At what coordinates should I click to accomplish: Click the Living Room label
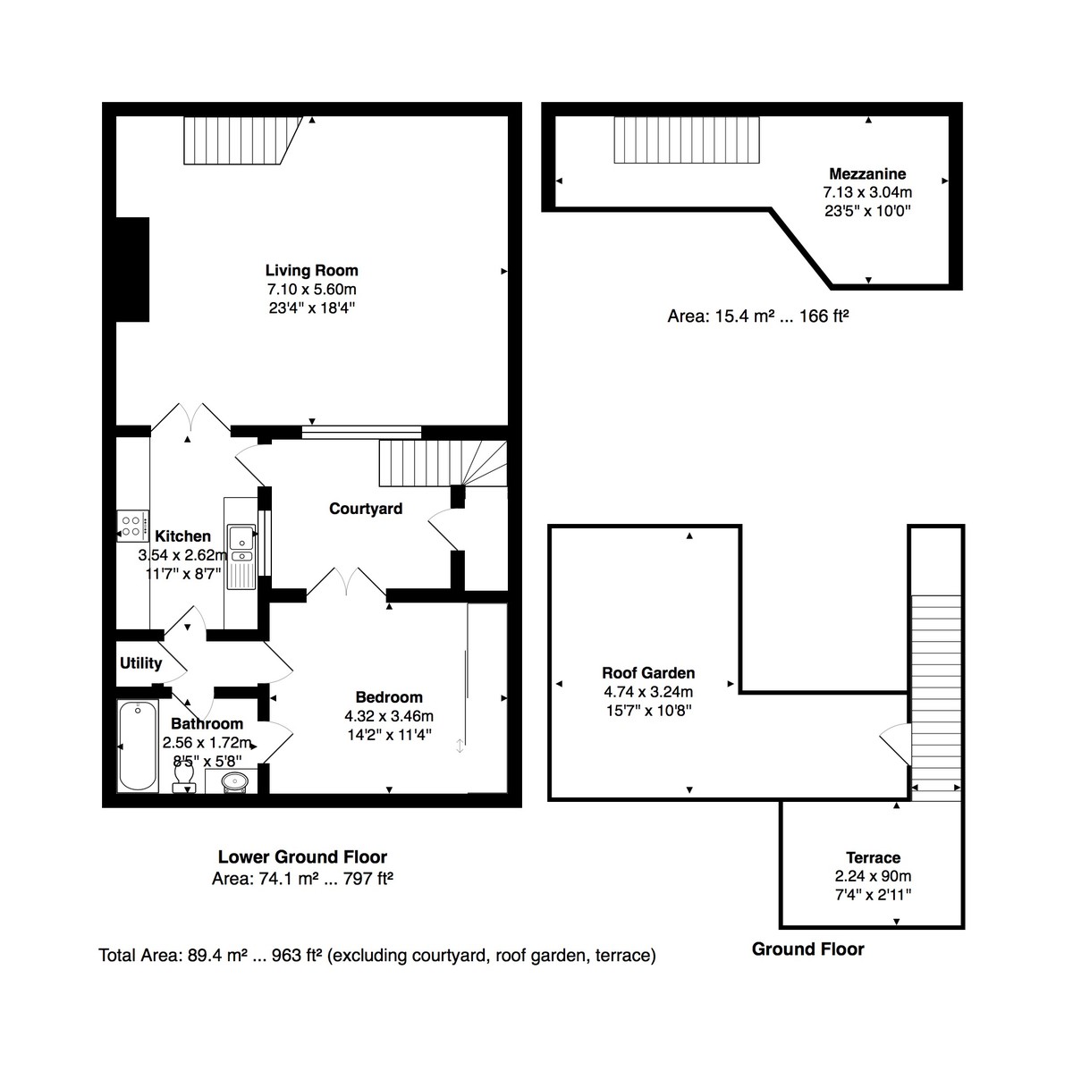pos(311,270)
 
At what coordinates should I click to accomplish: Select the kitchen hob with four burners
pos(132,526)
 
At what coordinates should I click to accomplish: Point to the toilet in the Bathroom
pos(185,784)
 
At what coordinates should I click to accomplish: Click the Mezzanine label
pos(867,173)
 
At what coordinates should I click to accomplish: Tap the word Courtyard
pos(366,509)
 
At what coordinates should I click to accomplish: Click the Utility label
pos(140,662)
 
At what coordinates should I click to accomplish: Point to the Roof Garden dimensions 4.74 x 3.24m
pos(648,692)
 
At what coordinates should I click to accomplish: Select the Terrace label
pos(873,857)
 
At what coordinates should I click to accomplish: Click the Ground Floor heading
pos(807,949)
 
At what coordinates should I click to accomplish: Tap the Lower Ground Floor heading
pos(302,857)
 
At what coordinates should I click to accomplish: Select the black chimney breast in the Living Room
pos(132,268)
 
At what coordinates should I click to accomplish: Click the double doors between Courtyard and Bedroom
pos(347,582)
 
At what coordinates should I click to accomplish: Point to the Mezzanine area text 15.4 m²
pos(757,316)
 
